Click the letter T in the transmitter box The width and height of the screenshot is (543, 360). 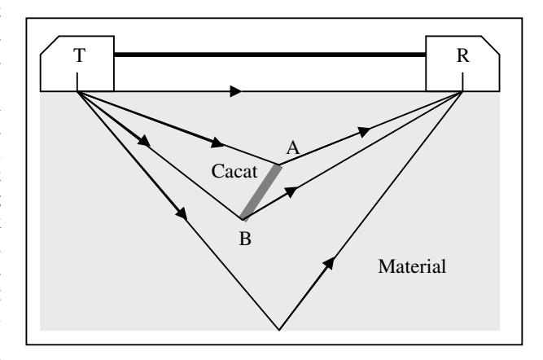79,55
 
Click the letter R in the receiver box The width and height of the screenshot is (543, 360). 463,55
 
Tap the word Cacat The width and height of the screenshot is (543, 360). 234,171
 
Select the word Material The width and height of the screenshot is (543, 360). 412,266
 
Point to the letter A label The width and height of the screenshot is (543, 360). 293,148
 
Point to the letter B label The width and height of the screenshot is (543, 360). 245,239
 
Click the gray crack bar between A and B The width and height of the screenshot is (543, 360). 261,193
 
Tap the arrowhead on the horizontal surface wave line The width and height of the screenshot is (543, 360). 236,91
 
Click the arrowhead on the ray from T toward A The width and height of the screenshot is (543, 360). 217,143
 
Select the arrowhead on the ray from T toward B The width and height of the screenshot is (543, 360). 144,140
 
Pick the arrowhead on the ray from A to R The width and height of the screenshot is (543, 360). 364,132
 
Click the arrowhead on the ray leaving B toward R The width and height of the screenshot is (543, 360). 291,192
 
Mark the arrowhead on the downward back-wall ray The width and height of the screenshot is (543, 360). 182,213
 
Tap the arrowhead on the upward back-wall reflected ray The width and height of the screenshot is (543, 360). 330,263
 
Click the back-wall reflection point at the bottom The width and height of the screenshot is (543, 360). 279,330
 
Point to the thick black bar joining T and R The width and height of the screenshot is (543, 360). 269,55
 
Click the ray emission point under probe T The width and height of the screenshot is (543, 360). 77,91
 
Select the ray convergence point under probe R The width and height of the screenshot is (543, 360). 462,91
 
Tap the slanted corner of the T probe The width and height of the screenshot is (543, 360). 50,45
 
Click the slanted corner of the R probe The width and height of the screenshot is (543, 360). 490,45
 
